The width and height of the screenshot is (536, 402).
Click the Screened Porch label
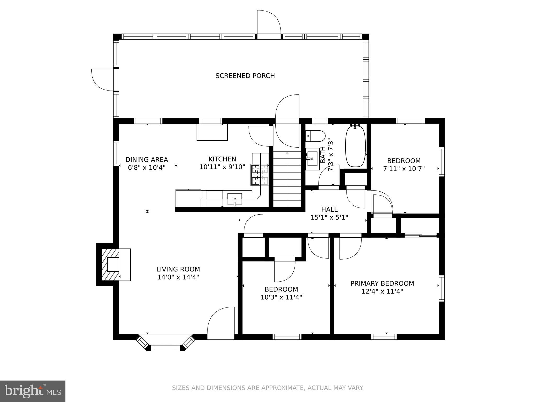pyautogui.click(x=245, y=76)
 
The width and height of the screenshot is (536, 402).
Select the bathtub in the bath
pyautogui.click(x=355, y=146)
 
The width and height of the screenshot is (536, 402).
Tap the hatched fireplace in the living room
pyautogui.click(x=110, y=265)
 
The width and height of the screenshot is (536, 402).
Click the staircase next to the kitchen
pyautogui.click(x=287, y=179)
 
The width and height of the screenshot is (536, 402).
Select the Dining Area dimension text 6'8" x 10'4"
pyautogui.click(x=147, y=167)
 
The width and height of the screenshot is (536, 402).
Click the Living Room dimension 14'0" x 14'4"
pyautogui.click(x=178, y=277)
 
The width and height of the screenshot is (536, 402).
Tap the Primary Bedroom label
pyautogui.click(x=382, y=283)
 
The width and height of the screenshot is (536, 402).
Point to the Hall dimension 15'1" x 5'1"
pyautogui.click(x=329, y=217)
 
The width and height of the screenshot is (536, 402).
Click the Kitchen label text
pyautogui.click(x=222, y=159)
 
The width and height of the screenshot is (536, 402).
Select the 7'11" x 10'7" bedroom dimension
pyautogui.click(x=404, y=169)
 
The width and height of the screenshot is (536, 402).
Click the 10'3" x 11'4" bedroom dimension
pyautogui.click(x=281, y=297)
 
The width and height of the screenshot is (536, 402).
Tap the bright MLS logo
pyautogui.click(x=33, y=391)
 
